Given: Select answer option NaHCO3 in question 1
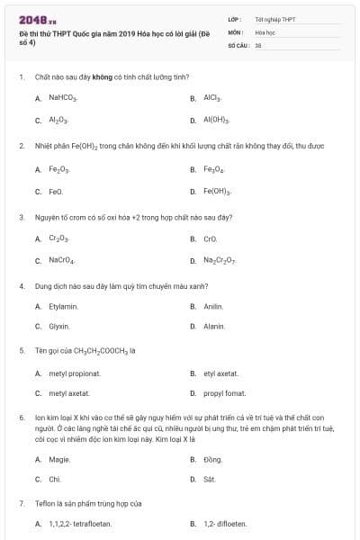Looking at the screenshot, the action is tap(64, 97).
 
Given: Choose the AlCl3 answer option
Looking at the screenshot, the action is tap(212, 97).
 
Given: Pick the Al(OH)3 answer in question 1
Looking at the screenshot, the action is tap(216, 119).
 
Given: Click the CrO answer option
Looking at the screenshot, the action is tap(211, 238).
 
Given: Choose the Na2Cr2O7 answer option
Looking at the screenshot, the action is tap(220, 260).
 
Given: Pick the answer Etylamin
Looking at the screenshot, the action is tap(64, 307).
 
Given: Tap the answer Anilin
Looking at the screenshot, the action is tap(213, 307).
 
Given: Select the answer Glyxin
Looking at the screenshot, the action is tap(59, 326).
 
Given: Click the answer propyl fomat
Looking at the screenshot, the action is tap(224, 393).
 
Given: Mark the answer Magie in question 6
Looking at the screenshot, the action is tap(59, 459).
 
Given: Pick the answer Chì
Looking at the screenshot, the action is tap(55, 479).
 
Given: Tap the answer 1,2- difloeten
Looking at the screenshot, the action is tap(225, 523).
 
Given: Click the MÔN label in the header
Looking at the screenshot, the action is tap(236, 31).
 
